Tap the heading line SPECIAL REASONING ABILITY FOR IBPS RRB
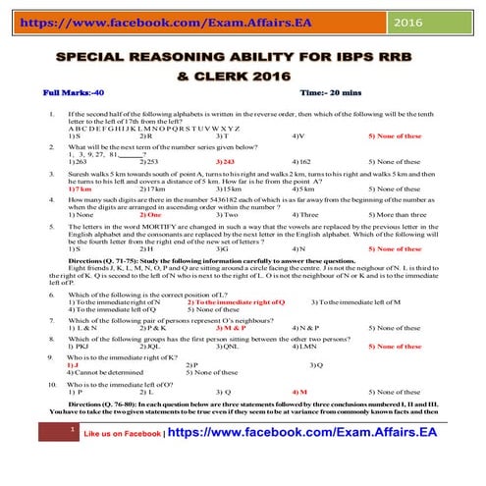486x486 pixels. pyautogui.click(x=243, y=60)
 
